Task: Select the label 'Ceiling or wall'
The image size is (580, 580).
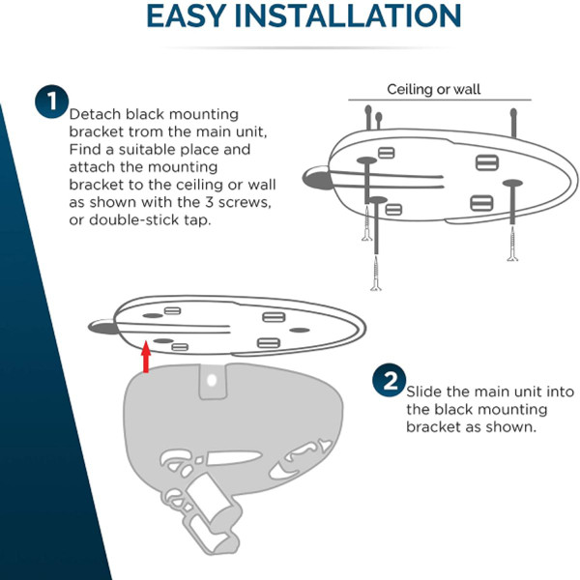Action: pyautogui.click(x=434, y=89)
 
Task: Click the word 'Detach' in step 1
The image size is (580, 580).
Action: pyautogui.click(x=95, y=114)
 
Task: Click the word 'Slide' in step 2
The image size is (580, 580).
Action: pyautogui.click(x=425, y=391)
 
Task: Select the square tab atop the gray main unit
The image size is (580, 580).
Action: pyautogui.click(x=212, y=382)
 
